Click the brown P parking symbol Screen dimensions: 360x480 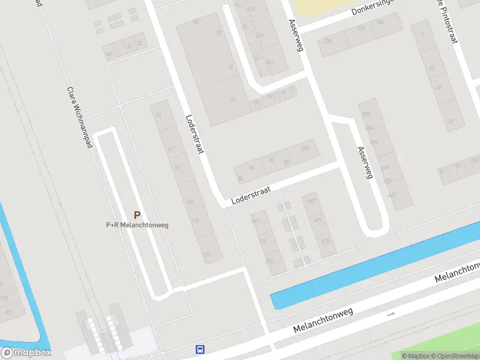pyautogui.click(x=137, y=215)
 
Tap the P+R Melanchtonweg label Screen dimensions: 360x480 pyautogui.click(x=137, y=225)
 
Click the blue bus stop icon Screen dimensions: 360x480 pyautogui.click(x=200, y=349)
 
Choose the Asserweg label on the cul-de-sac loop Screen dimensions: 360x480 pyautogui.click(x=365, y=163)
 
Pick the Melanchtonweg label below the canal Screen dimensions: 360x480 pyautogui.click(x=325, y=320)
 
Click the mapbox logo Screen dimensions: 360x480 pyautogui.click(x=25, y=353)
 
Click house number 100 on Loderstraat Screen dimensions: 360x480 pyautogui.click(x=305, y=148)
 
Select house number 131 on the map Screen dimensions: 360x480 pyautogui.click(x=207, y=255)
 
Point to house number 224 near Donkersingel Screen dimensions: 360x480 pyautogui.click(x=328, y=41)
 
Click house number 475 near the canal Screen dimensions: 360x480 pyautogui.click(x=326, y=241)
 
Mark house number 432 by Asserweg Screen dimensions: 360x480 pyautogui.click(x=392, y=194)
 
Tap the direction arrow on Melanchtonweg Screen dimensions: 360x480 pyautogui.click(x=391, y=314)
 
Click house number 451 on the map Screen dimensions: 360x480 pyautogui.click(x=269, y=62)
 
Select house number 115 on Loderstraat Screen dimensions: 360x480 pyautogui.click(x=194, y=221)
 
